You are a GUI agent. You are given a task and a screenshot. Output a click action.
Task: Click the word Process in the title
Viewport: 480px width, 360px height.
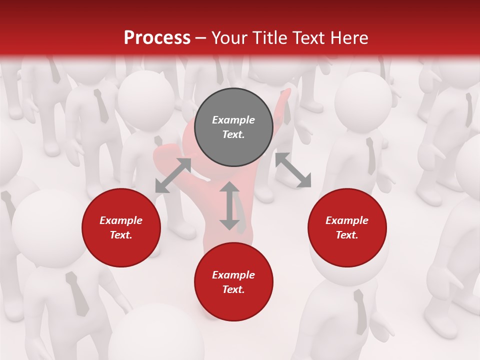click(x=157, y=38)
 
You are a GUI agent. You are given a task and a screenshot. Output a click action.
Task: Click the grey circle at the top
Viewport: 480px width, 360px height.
click(x=233, y=127)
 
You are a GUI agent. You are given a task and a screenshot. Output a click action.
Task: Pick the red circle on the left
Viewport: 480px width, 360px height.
click(x=121, y=228)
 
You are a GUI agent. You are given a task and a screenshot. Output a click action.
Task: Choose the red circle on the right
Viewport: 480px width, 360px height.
click(x=347, y=228)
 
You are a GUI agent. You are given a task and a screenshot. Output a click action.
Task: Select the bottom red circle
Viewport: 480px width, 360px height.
click(x=233, y=282)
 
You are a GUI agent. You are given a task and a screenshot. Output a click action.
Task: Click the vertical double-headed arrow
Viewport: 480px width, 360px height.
click(x=229, y=205)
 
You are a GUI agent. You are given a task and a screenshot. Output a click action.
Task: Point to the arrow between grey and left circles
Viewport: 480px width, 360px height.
click(x=173, y=175)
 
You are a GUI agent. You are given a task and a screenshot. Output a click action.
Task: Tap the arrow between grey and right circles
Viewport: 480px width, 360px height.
click(x=293, y=170)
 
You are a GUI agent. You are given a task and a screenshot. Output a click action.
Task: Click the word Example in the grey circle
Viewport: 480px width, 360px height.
click(x=233, y=120)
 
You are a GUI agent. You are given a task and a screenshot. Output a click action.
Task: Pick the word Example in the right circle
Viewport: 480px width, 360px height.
click(x=347, y=220)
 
